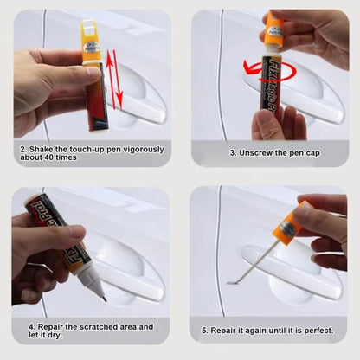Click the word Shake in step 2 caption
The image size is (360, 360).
[x=42, y=148]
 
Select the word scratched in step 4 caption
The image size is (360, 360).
[x=92, y=326]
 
